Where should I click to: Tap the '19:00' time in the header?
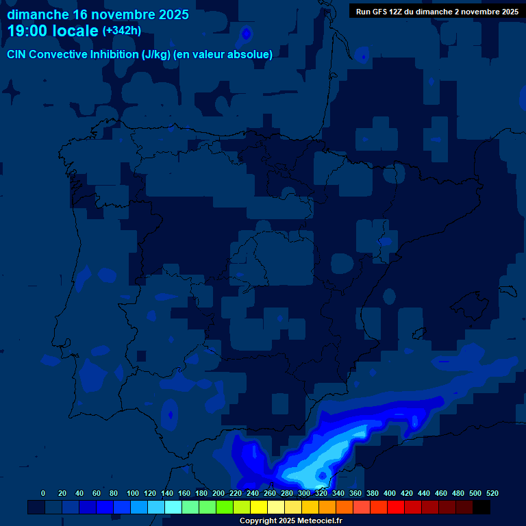[27, 31]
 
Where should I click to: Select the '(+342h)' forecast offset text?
[121, 31]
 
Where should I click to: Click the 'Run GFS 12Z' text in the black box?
[382, 11]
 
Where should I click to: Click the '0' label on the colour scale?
[43, 493]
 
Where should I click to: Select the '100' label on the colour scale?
[133, 493]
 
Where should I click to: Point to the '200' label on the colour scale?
[218, 493]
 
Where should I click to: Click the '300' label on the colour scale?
[304, 493]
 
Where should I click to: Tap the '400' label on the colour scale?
[390, 493]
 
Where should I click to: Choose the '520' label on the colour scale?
[492, 493]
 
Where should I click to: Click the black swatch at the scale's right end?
[481, 507]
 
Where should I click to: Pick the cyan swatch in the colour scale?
[173, 507]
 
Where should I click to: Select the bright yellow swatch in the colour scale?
[258, 507]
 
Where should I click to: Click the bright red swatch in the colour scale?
[395, 507]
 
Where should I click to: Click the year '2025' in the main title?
[168, 14]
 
